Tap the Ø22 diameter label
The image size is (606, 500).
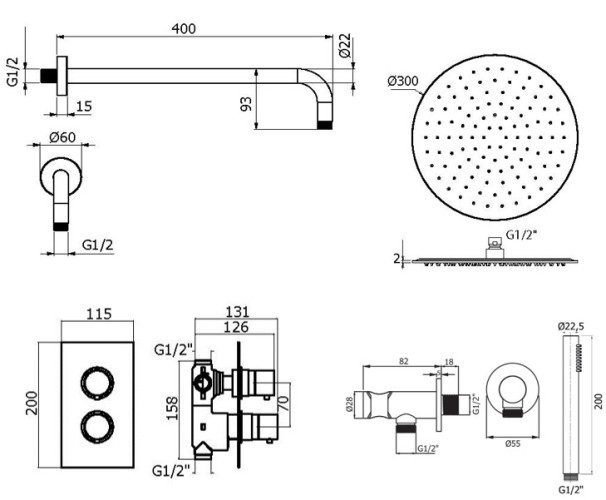(345, 46)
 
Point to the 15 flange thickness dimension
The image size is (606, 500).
(83, 106)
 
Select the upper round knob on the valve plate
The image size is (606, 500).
(92, 381)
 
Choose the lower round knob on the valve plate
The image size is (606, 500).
(92, 424)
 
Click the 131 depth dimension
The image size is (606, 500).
(237, 309)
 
